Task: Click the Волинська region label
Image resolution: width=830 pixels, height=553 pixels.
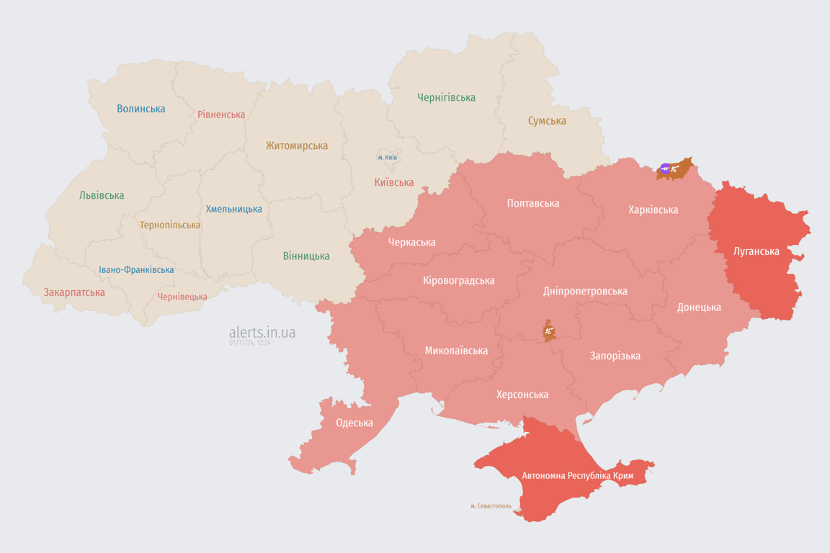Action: tap(141, 109)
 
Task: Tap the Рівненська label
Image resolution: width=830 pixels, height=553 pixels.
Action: tap(221, 114)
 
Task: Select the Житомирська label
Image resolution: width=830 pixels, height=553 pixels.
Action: tap(296, 145)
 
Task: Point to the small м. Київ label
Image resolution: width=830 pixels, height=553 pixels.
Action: tap(388, 157)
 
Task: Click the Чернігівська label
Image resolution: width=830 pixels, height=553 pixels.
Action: tap(446, 97)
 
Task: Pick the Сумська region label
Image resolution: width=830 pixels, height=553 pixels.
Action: tap(547, 120)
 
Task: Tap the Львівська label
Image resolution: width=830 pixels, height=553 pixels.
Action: tap(102, 195)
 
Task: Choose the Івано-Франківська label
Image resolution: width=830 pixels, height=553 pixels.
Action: tap(136, 270)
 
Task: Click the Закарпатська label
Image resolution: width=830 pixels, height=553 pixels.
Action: tap(74, 292)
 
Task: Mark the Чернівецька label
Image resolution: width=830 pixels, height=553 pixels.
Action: tap(182, 297)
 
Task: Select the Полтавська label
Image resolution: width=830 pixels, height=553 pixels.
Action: tap(533, 203)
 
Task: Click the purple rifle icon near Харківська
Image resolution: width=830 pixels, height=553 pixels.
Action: tap(664, 169)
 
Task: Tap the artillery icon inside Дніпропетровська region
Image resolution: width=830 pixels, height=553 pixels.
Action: tap(549, 331)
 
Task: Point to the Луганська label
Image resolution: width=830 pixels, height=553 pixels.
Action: tap(756, 251)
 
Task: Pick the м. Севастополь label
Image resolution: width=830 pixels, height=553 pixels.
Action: tap(491, 506)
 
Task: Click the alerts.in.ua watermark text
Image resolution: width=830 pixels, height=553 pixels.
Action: tap(262, 332)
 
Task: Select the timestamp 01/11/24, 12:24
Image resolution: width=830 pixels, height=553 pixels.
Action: tap(250, 343)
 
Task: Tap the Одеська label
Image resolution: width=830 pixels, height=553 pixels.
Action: tap(354, 423)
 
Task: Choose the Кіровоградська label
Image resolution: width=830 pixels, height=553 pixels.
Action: tap(459, 280)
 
